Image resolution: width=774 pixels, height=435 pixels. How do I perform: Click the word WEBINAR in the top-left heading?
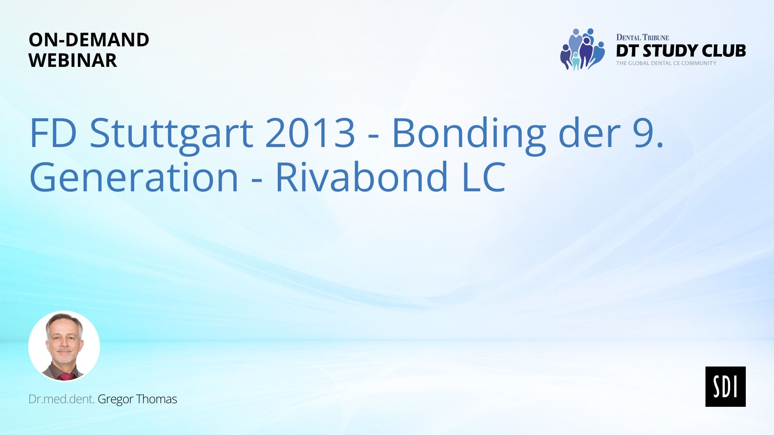pyautogui.click(x=73, y=60)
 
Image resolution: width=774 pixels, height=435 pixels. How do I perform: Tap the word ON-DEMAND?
pyautogui.click(x=89, y=39)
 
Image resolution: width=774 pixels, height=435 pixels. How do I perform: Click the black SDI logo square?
pyautogui.click(x=725, y=386)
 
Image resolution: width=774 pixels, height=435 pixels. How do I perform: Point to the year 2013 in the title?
pyautogui.click(x=310, y=133)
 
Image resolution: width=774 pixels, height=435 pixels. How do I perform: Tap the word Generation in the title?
pyautogui.click(x=134, y=177)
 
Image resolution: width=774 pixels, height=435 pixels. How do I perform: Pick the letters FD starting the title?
pyautogui.click(x=53, y=133)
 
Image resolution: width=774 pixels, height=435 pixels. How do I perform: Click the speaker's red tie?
pyautogui.click(x=66, y=377)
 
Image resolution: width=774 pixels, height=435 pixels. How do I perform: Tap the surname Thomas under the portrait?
pyautogui.click(x=156, y=399)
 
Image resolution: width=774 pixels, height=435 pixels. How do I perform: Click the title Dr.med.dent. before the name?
pyautogui.click(x=61, y=399)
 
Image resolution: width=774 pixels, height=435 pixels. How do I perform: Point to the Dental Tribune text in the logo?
pyautogui.click(x=643, y=37)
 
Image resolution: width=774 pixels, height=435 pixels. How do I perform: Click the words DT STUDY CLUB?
pyautogui.click(x=681, y=51)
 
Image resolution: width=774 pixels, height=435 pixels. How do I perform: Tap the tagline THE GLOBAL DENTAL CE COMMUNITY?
pyautogui.click(x=666, y=63)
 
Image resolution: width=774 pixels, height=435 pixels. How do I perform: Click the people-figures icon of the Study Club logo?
pyautogui.click(x=582, y=49)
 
